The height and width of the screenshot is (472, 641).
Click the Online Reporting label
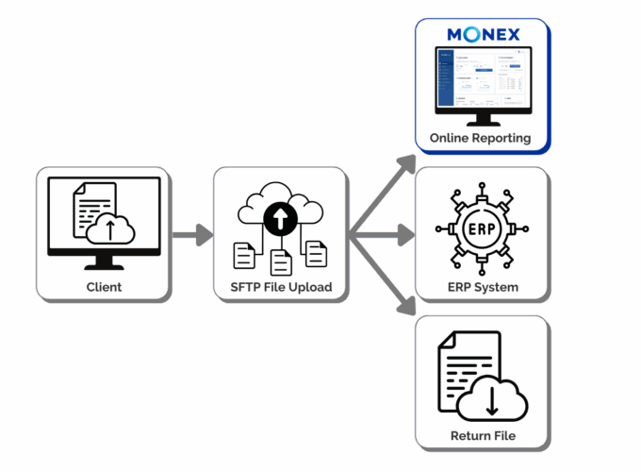481,138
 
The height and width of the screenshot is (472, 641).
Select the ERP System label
481,287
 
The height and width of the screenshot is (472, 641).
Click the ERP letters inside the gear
481,229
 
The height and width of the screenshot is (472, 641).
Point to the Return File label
481,436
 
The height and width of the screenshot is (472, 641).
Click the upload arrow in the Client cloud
109,228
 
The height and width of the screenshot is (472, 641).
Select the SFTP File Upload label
280,287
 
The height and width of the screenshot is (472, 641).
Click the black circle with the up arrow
280,219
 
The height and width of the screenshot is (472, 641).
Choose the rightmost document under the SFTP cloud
316,253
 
